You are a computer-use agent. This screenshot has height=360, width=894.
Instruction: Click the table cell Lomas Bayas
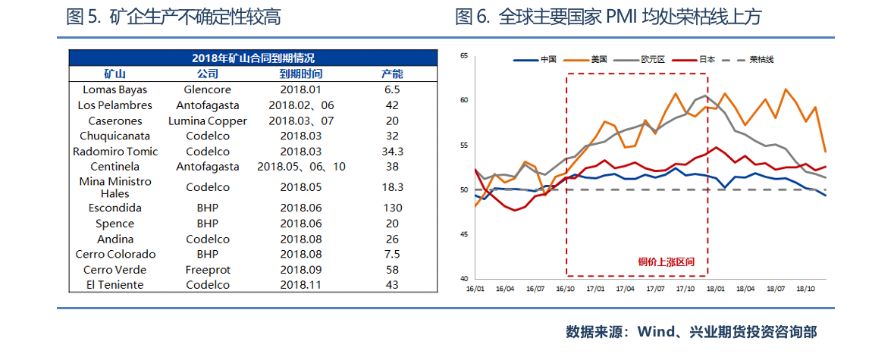point(114,89)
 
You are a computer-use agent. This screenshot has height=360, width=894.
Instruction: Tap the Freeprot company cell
point(208,270)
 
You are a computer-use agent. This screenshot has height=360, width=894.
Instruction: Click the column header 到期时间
point(300,74)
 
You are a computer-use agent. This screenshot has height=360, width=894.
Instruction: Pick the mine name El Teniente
point(114,285)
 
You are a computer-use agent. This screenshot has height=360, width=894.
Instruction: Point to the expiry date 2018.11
point(300,285)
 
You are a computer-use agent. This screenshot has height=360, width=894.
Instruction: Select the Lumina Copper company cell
point(208,121)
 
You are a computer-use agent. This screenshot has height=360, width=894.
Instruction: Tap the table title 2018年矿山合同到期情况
point(253,58)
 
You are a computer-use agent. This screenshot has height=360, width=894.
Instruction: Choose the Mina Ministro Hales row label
point(114,187)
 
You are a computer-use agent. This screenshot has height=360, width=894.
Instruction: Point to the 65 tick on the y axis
point(464,55)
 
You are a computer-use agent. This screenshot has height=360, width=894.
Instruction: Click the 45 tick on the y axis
point(464,234)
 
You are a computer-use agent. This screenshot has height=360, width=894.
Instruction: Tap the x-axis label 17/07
point(656,289)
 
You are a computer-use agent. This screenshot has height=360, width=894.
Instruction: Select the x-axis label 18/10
point(805,289)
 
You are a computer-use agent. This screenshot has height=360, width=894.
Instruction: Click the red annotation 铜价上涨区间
point(666,262)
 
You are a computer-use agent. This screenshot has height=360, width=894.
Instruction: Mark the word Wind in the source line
point(656,332)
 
